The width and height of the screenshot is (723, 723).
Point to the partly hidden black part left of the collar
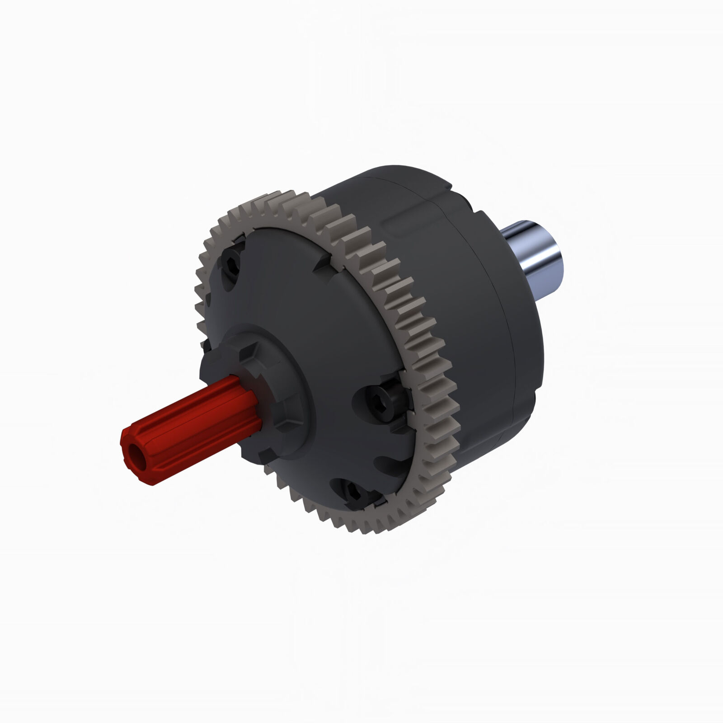tap(206, 346)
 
